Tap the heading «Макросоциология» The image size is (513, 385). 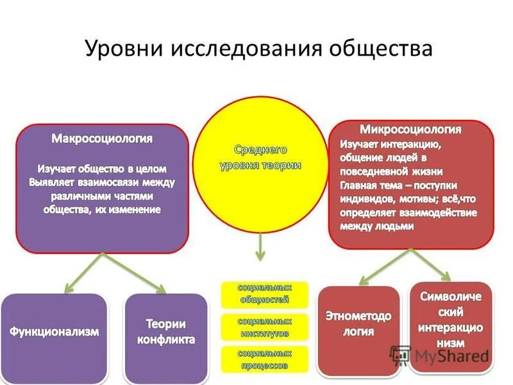(x=102, y=139)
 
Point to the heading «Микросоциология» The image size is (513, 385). (x=411, y=129)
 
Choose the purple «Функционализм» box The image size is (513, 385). (x=54, y=332)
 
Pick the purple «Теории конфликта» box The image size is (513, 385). (x=165, y=332)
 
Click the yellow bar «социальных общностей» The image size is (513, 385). (x=265, y=293)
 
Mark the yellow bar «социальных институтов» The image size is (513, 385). (x=265, y=327)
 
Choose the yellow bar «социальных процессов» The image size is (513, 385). (x=265, y=359)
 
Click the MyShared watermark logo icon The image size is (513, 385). (x=400, y=355)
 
